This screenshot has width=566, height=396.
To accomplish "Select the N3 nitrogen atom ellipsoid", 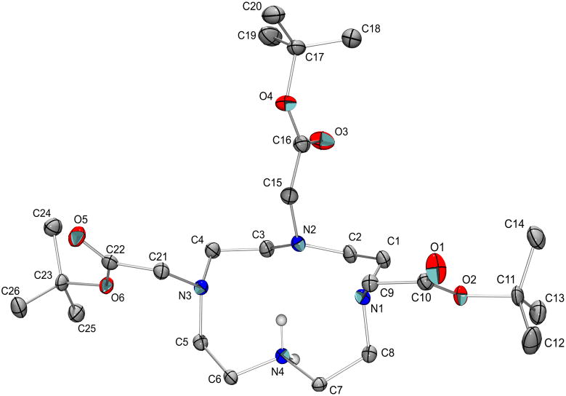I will point(203,287).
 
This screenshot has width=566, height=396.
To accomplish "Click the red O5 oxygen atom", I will point(78,237).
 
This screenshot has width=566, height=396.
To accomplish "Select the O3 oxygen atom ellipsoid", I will point(320,139).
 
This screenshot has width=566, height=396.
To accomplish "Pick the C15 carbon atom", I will point(290,195).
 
